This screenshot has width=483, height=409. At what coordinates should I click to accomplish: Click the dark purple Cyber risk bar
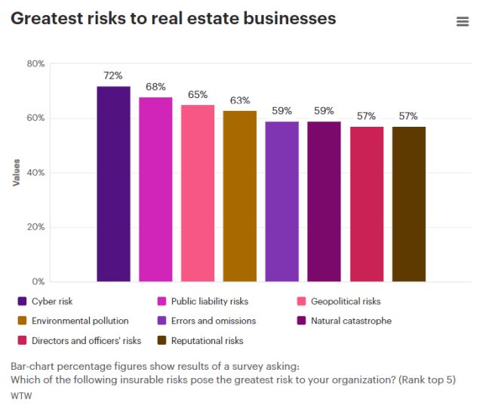(113, 184)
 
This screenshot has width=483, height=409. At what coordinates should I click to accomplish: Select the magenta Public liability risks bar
(155, 189)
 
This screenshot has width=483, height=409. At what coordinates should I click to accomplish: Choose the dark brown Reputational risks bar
(409, 204)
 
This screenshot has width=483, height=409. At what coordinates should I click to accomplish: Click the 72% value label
(113, 75)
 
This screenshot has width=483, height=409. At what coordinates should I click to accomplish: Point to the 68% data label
(155, 87)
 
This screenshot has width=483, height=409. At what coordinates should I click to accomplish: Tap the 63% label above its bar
(240, 100)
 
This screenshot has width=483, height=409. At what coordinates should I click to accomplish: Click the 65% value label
(198, 95)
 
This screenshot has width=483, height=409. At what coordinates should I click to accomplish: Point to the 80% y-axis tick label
(35, 64)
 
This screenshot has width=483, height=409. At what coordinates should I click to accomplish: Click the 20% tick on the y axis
(35, 227)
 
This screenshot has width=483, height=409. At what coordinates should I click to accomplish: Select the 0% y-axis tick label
(38, 281)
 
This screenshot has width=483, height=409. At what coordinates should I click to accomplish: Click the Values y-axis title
(16, 173)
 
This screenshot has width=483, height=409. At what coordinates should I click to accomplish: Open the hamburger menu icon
(463, 22)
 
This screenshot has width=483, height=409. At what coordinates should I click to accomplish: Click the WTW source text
(20, 395)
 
